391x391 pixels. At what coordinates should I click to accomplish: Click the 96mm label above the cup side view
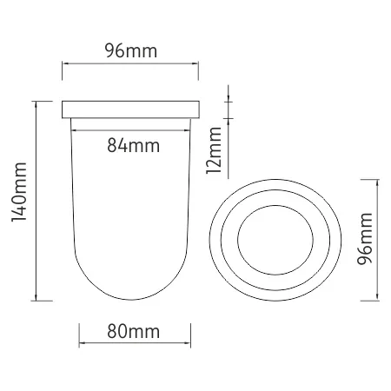coord(131,51)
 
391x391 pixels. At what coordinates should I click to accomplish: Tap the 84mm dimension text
coord(133,145)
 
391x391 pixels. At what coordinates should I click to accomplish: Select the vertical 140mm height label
coord(19,192)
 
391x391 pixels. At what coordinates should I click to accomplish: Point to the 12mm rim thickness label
coord(214,150)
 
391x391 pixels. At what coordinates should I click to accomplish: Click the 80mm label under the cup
coord(133,331)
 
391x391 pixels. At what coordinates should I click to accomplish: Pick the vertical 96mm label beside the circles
coord(364,239)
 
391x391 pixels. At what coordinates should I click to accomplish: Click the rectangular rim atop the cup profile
coord(130,109)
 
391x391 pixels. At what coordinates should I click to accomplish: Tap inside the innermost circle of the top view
coord(275,240)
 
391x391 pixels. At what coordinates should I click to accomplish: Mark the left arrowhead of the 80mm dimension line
coord(82,343)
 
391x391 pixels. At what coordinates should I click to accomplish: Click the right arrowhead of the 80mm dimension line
coord(188,343)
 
